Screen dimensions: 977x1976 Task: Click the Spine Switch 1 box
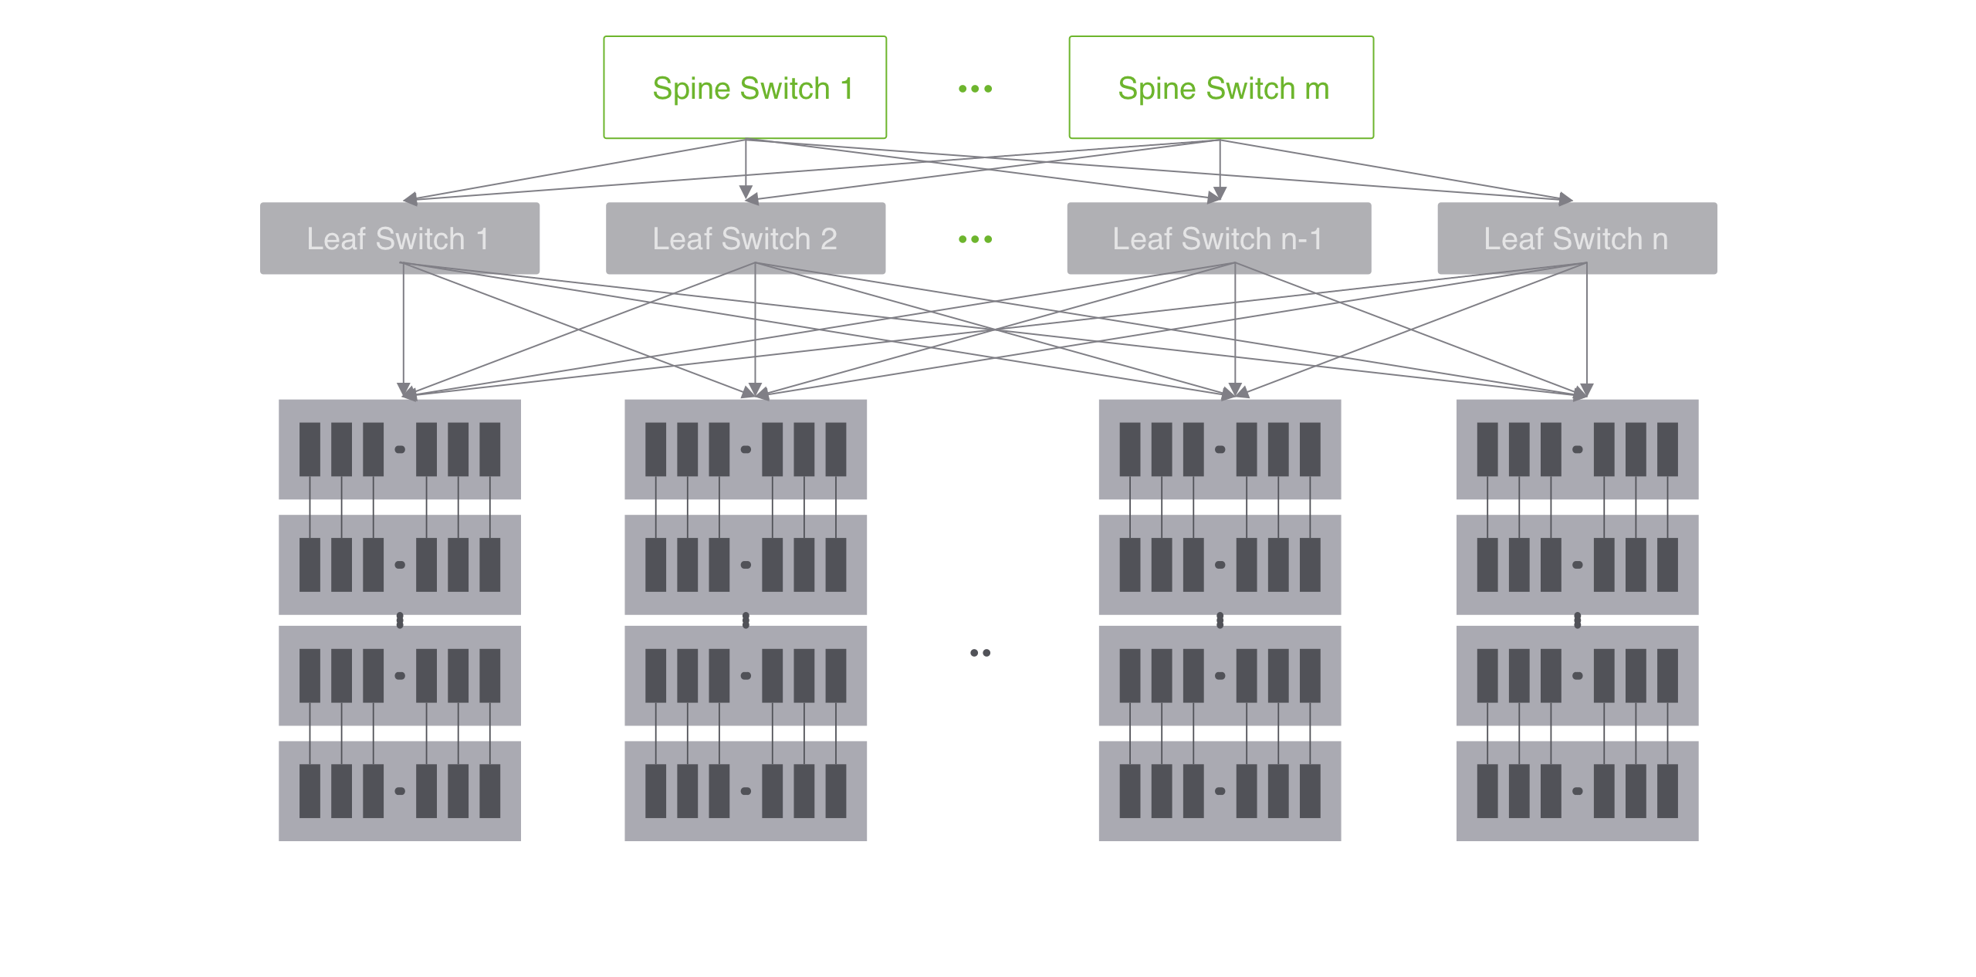745,87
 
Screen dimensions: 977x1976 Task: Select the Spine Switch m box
1220,87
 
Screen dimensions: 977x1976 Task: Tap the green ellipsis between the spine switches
975,89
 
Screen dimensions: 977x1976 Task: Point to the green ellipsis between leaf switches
975,239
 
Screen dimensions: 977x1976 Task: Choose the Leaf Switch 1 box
399,238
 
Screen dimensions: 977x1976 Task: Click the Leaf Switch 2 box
745,238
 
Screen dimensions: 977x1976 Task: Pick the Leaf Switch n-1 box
1218,238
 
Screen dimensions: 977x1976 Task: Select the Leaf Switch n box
1576,238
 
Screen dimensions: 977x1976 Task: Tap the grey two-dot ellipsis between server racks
980,653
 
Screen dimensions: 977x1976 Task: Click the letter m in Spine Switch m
1317,89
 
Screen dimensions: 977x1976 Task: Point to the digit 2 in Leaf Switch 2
829,239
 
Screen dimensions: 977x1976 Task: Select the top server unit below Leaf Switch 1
399,449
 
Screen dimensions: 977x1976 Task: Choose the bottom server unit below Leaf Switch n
1576,790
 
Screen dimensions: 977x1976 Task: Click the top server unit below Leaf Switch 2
745,449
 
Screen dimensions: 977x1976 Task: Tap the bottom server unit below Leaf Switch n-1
1219,790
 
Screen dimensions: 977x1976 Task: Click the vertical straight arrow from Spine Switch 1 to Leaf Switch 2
746,166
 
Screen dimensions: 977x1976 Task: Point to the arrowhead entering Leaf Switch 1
410,199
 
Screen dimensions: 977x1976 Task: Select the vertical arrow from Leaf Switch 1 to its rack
403,324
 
